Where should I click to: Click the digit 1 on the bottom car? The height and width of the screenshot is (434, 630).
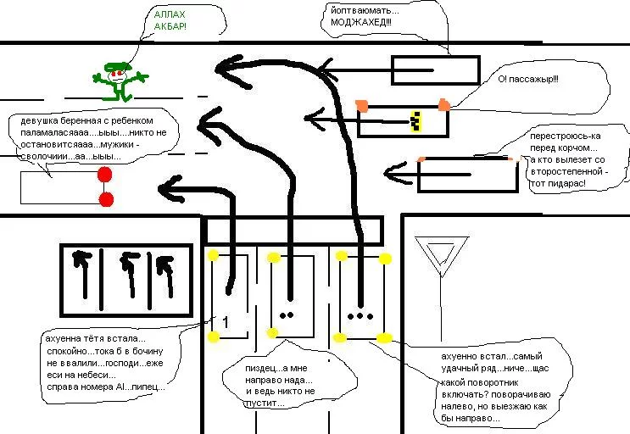point(226,321)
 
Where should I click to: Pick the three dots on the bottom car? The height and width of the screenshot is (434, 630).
point(361,315)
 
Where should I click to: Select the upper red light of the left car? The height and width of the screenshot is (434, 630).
point(105,175)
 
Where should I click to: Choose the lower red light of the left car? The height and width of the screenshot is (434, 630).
point(106,200)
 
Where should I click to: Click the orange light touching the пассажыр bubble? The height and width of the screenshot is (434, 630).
point(444,104)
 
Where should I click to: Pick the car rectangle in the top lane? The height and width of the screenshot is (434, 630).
point(435,70)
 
